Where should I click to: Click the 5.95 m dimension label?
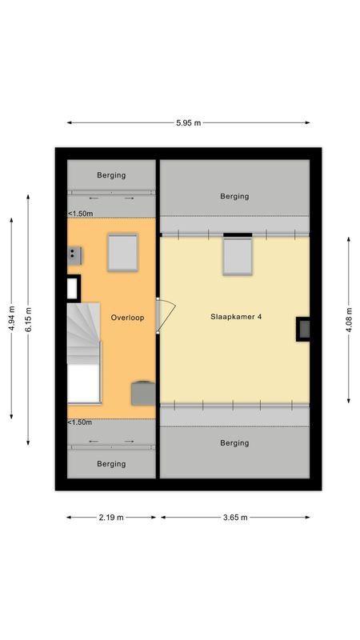click(188, 122)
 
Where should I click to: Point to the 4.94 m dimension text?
click(11, 318)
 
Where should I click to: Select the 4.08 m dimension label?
click(348, 318)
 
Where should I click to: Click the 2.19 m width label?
click(111, 518)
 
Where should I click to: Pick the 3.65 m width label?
click(234, 518)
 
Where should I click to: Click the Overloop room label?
click(127, 318)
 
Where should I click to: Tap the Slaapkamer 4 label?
click(236, 317)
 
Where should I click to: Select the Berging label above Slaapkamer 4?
click(234, 196)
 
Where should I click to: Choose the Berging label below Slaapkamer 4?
click(234, 442)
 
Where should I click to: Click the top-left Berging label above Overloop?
click(111, 175)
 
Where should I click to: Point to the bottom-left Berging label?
click(111, 463)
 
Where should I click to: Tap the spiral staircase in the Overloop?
click(83, 332)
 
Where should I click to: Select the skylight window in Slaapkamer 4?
click(237, 256)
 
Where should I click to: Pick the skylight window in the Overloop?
click(124, 251)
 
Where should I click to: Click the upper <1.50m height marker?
click(80, 214)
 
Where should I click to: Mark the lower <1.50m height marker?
click(80, 422)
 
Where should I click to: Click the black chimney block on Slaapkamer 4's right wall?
click(304, 329)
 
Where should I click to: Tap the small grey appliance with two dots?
click(75, 254)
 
